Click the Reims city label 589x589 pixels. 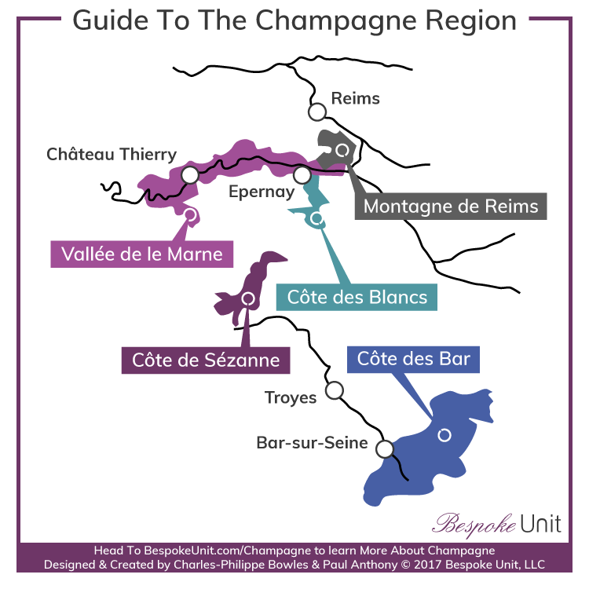355,98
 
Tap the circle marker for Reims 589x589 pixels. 317,112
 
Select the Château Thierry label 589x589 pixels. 112,154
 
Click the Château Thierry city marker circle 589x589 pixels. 189,174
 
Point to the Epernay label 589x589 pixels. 262,191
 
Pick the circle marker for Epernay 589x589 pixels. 302,174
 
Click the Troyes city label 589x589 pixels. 291,397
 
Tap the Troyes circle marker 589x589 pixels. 335,390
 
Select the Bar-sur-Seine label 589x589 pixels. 312,443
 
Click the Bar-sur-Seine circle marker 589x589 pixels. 384,449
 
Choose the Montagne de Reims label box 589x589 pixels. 451,206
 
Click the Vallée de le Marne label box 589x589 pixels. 137,254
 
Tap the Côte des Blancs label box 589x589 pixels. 357,296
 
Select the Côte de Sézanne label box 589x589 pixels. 206,360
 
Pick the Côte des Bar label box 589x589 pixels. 413,359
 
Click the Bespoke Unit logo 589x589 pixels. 498,522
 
